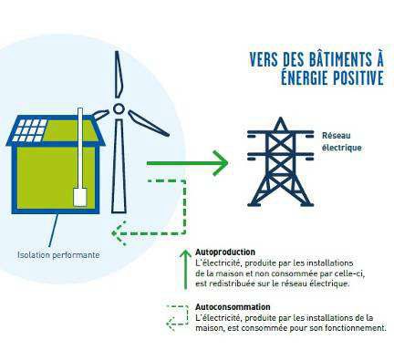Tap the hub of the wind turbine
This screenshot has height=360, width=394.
(119, 109)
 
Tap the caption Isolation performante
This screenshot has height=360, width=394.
(58, 254)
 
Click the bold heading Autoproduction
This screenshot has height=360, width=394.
(225, 251)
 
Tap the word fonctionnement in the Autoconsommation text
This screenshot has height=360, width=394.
(354, 328)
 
